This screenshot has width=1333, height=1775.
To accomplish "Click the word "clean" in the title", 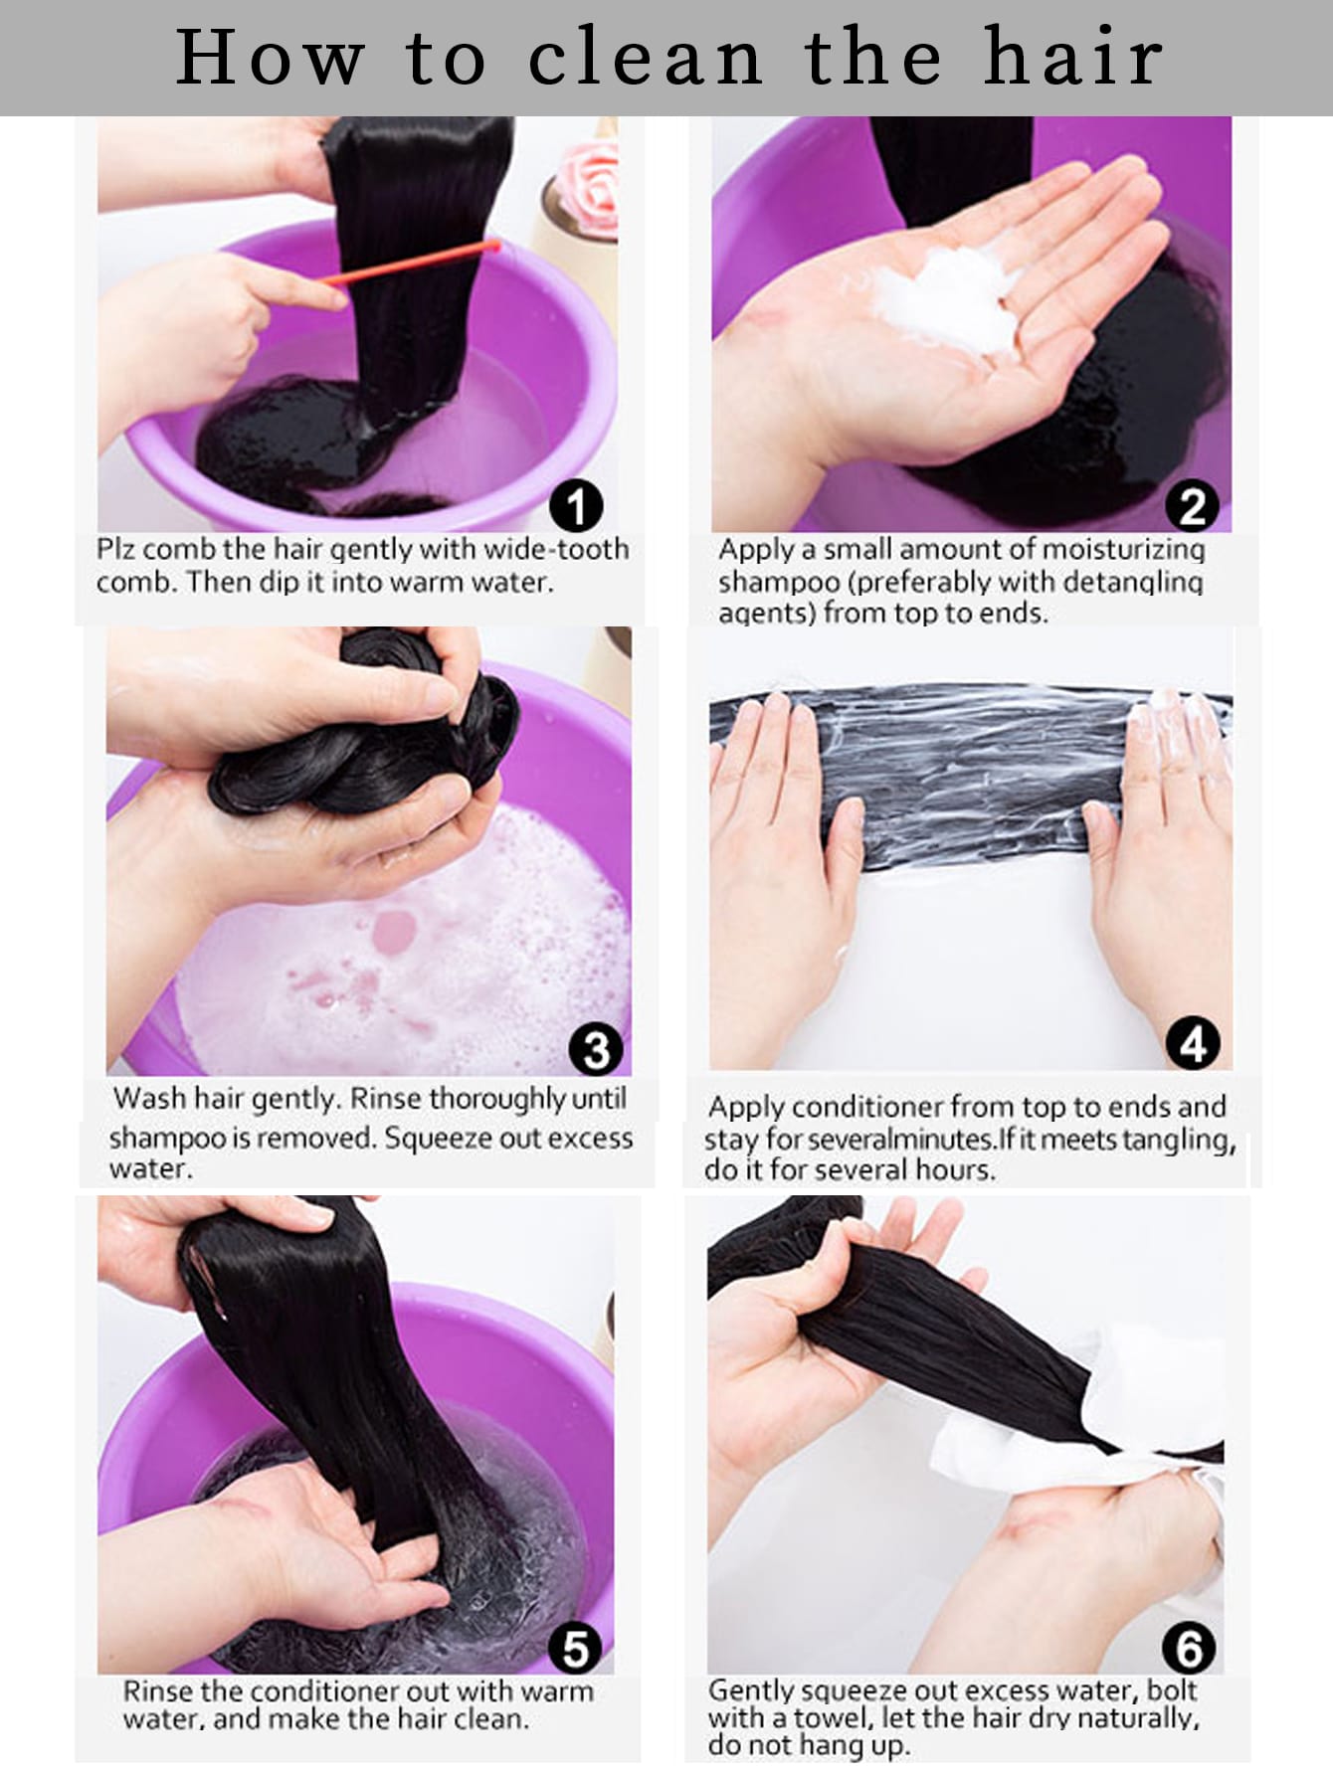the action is pyautogui.click(x=645, y=58).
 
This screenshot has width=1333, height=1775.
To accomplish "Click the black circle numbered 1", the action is pyautogui.click(x=576, y=506).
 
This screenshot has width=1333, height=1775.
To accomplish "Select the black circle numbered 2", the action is pyautogui.click(x=1192, y=506).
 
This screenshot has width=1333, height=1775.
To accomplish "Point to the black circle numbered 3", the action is pyautogui.click(x=596, y=1050).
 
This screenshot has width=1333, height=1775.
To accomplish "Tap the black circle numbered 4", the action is pyautogui.click(x=1193, y=1044).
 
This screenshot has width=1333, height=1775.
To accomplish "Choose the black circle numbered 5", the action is pyautogui.click(x=575, y=1648).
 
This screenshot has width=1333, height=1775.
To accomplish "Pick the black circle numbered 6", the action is pyautogui.click(x=1189, y=1648).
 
